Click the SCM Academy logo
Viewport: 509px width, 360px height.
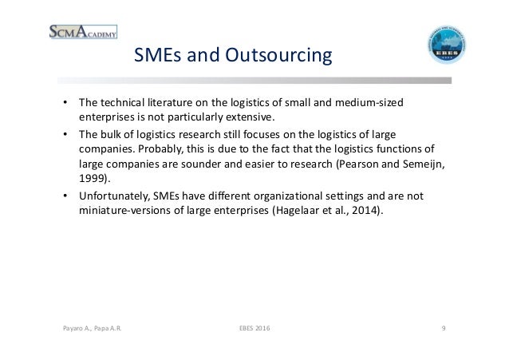83,31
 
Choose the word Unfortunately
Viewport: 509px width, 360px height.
113,196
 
